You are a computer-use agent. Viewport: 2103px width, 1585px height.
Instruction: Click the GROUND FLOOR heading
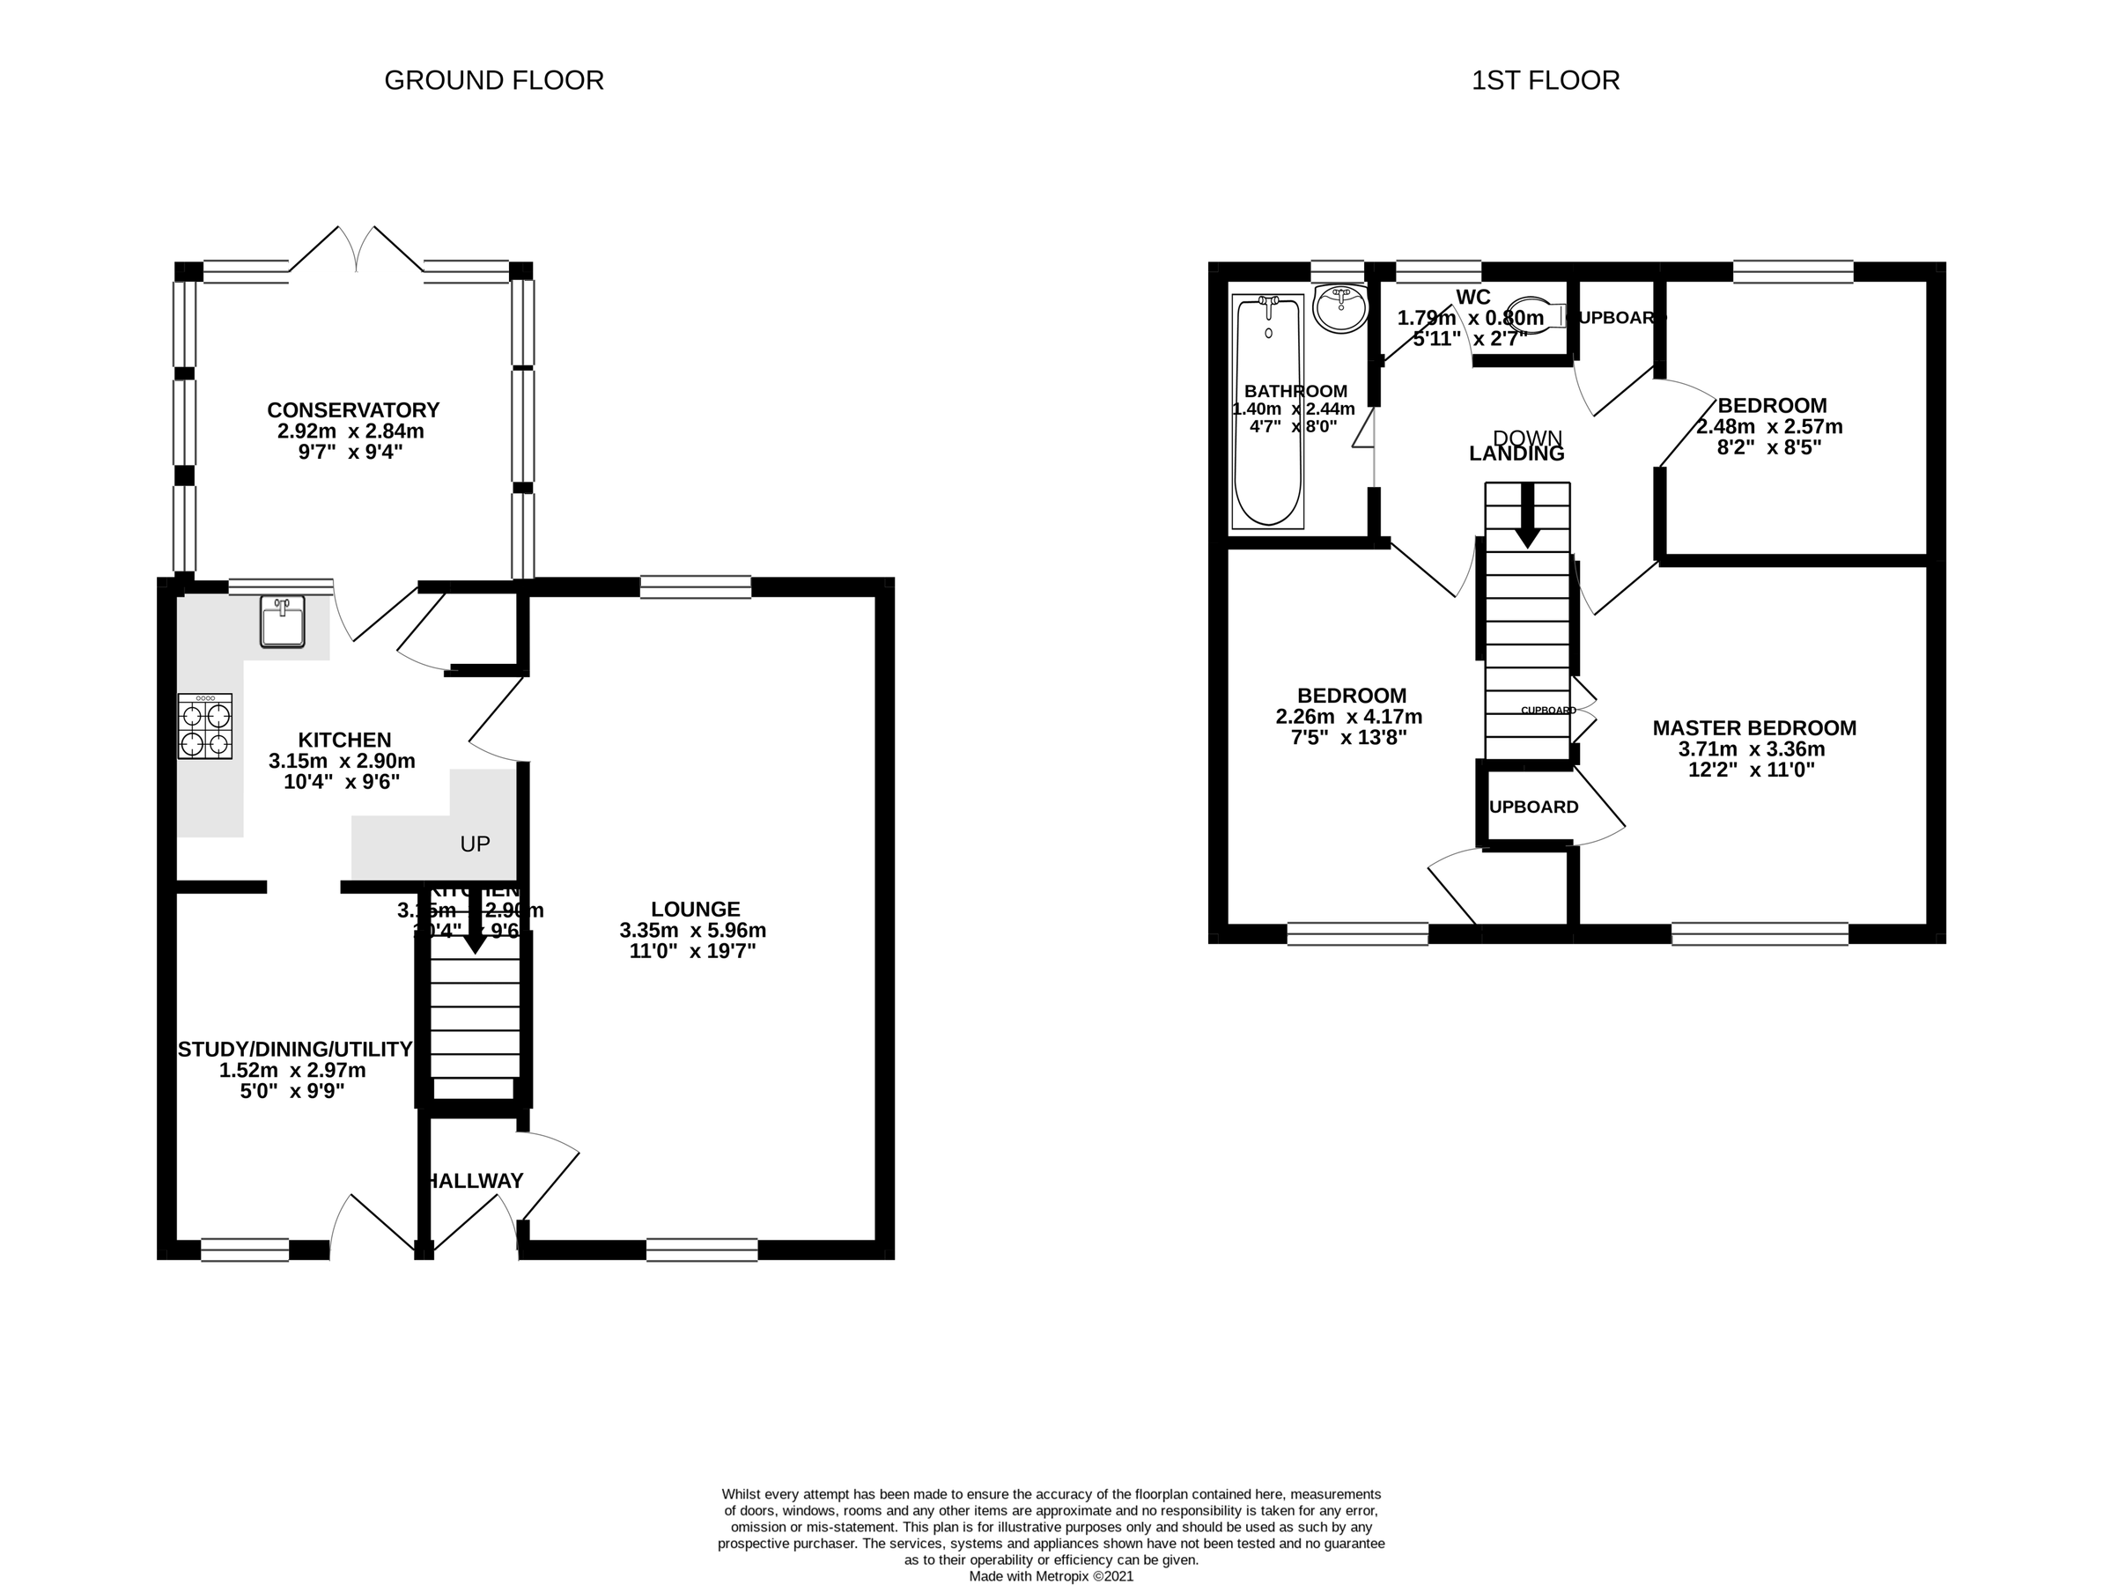[493, 81]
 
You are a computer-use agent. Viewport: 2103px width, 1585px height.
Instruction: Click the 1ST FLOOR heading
[1545, 81]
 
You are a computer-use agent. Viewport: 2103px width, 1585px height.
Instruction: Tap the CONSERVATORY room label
[353, 409]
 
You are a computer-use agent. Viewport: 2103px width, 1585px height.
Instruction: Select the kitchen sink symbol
[283, 622]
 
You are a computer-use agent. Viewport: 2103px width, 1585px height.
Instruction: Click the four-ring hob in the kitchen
[205, 726]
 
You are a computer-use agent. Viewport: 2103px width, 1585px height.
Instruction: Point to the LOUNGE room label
[695, 909]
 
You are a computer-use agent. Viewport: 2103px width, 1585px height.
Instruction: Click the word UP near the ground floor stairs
[475, 844]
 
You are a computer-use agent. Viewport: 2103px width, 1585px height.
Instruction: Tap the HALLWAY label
[474, 1181]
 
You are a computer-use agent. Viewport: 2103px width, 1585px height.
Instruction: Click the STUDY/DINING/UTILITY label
[295, 1049]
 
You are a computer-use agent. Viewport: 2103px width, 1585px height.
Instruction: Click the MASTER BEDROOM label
[1754, 728]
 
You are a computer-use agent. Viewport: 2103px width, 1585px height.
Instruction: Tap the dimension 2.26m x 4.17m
[1349, 717]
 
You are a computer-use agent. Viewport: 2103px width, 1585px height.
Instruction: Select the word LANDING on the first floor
[1516, 454]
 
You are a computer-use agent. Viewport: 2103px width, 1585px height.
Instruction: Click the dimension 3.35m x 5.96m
[692, 930]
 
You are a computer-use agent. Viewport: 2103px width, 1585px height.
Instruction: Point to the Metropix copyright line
[1051, 1575]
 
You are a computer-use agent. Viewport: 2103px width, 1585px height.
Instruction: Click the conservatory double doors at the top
[358, 250]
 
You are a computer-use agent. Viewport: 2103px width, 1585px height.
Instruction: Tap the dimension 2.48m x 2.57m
[1769, 427]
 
